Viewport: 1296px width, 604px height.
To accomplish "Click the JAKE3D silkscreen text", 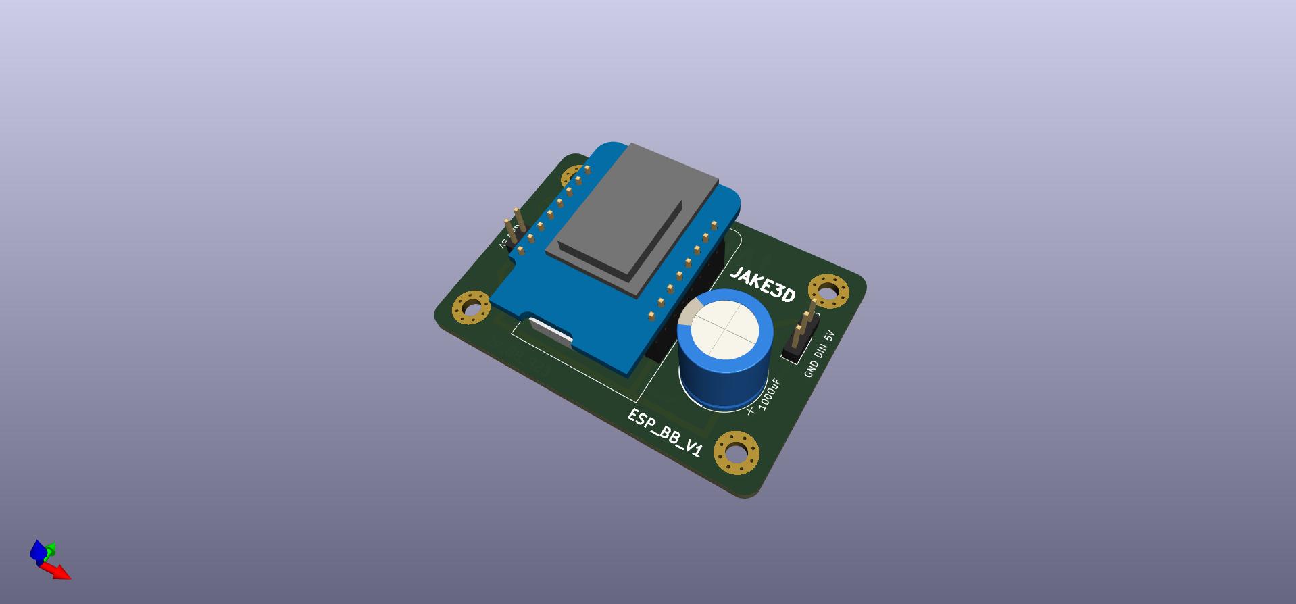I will click(x=763, y=284).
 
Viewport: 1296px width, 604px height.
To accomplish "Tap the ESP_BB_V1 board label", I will click(x=665, y=433).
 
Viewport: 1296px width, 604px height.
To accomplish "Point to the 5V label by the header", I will click(x=830, y=336).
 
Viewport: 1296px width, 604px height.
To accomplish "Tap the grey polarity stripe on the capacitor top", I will click(x=687, y=316).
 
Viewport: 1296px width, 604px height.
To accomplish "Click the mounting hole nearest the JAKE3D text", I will click(x=828, y=292).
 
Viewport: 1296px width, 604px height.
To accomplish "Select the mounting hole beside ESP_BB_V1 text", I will click(x=737, y=452).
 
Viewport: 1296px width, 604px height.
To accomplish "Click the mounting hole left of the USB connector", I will click(x=471, y=308).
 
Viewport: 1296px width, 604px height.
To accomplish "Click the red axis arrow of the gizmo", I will click(x=59, y=572).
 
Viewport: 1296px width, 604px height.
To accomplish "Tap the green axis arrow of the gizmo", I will click(x=51, y=549).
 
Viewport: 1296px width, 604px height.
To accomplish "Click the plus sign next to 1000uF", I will click(x=751, y=410).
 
